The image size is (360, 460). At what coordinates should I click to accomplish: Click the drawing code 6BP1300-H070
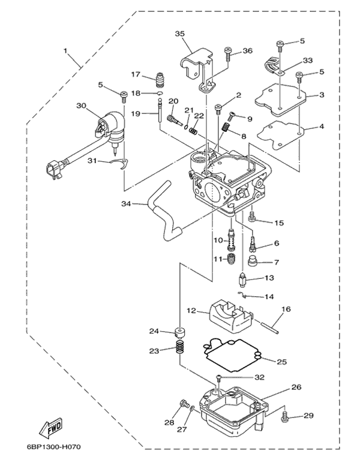coord(53,447)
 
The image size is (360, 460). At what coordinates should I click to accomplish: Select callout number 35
coord(179,34)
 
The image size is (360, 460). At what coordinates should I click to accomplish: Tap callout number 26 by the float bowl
coord(296,387)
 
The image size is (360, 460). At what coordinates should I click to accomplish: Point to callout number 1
coord(65,51)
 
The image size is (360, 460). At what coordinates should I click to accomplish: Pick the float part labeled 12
coord(231,318)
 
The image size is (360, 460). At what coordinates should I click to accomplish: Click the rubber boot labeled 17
coord(160,80)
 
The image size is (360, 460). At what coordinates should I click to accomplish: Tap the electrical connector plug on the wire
coord(54,171)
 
